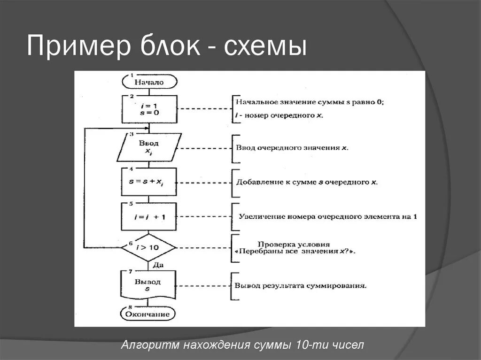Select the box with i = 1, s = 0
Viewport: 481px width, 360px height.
tap(149, 108)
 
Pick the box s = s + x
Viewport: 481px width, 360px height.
tap(149, 182)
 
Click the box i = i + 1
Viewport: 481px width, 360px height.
tap(149, 216)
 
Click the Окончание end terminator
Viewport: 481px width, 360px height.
tap(149, 313)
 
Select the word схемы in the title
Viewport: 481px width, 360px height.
tap(265, 47)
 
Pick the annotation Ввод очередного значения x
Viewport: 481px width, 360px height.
tap(291, 147)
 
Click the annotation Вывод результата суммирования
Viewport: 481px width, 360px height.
tap(301, 285)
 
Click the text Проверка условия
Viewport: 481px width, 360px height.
tap(294, 245)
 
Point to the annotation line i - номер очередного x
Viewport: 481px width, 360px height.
tap(279, 115)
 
